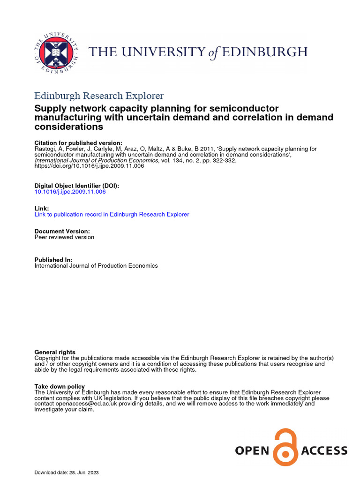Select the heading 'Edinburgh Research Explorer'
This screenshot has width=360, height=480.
point(99,96)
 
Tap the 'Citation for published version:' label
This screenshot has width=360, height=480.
point(78,143)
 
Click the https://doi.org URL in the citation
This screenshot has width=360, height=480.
point(89,166)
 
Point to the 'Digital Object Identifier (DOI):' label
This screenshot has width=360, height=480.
point(77,186)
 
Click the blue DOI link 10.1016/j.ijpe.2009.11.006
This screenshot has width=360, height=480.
point(70,192)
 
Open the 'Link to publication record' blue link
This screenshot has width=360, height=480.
point(112,214)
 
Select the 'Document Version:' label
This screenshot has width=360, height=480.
point(62,231)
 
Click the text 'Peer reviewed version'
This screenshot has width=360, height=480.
point(64,237)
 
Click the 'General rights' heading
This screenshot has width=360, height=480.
point(55,352)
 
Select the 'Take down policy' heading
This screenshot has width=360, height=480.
point(60,386)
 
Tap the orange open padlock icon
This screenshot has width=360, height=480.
point(285,448)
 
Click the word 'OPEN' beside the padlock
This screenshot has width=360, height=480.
point(252,451)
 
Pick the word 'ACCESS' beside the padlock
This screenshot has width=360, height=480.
point(324,451)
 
